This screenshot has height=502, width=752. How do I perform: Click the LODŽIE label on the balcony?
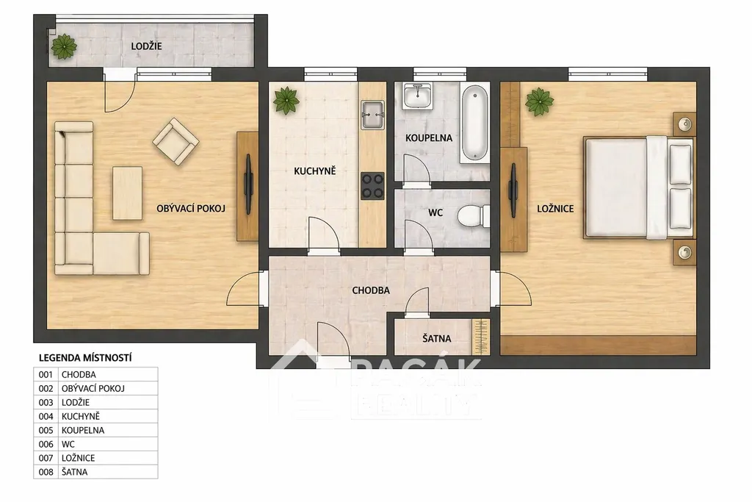coord(146,46)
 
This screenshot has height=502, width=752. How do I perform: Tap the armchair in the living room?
coord(176,142)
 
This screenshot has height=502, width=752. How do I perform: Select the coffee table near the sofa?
coord(127,193)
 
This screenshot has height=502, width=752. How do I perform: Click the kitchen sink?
coord(372,115)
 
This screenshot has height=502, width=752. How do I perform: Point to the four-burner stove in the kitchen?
coord(372,186)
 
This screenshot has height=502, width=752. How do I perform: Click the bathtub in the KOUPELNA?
coord(474,123)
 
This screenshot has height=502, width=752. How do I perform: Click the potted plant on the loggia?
coord(64,46)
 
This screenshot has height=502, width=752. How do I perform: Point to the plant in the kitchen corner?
coord(286,100)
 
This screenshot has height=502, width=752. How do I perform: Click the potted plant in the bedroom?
coord(539,101)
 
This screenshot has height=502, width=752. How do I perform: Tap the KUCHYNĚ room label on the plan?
coord(314,171)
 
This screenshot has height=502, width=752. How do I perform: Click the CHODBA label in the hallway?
coord(371,290)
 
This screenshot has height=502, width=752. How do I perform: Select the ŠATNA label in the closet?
coord(436,338)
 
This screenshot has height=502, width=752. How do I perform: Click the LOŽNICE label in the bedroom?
coord(555,209)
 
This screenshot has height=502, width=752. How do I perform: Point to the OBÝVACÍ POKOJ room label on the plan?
coord(191,209)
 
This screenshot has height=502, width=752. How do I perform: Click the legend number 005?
coord(46,431)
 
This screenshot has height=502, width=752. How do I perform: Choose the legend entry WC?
coord(68,445)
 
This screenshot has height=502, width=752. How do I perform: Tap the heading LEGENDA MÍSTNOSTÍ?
coord(85,358)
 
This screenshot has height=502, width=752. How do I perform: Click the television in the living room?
coord(248,184)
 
